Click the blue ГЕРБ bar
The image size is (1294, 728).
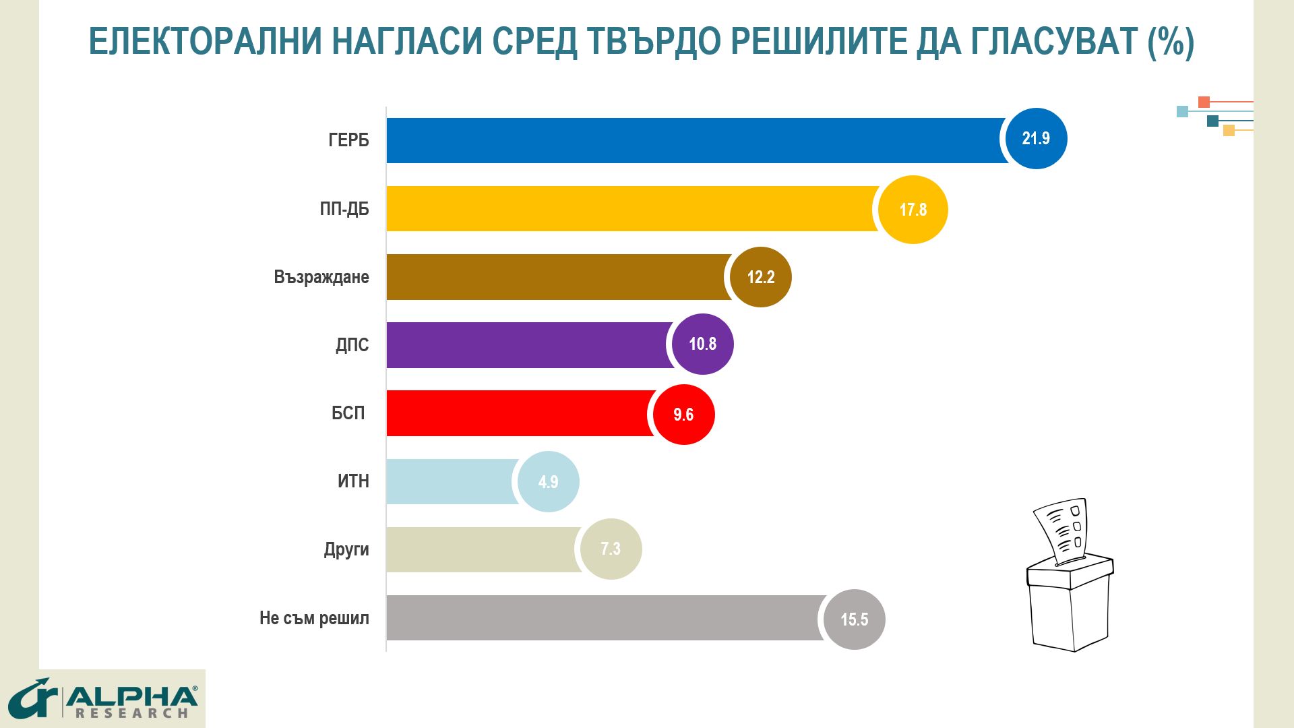[694, 140]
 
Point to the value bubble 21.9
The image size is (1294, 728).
[1036, 138]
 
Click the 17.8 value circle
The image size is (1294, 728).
[913, 210]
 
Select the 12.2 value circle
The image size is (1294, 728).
[761, 277]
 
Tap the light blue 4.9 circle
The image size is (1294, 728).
[548, 482]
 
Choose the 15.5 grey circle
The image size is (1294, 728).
[855, 619]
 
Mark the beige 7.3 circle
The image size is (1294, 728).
[611, 549]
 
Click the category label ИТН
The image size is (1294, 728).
[353, 481]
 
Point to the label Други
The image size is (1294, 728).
[346, 549]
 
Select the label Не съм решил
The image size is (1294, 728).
[314, 618]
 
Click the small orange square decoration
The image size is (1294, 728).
[1204, 102]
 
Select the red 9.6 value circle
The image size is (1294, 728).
[683, 415]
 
